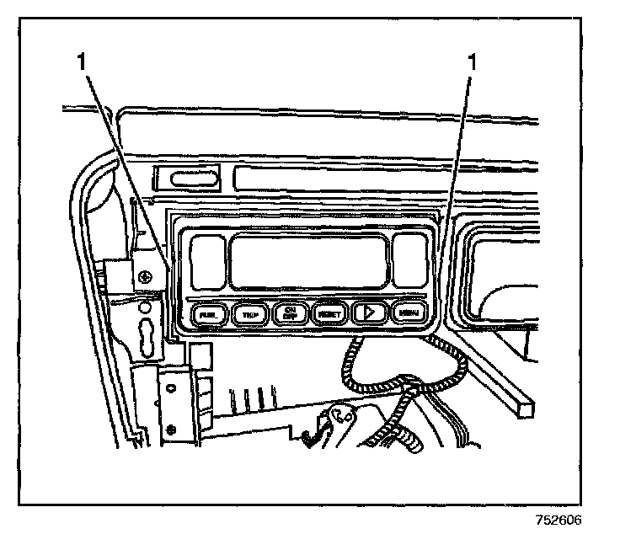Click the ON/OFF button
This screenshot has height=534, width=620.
(290, 313)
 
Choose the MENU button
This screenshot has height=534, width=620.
(410, 314)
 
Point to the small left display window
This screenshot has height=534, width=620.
(206, 259)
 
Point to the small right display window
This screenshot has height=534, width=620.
(410, 259)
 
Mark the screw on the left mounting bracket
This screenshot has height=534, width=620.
(147, 276)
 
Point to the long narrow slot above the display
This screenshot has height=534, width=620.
(337, 179)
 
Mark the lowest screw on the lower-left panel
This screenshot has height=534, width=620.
(171, 430)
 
